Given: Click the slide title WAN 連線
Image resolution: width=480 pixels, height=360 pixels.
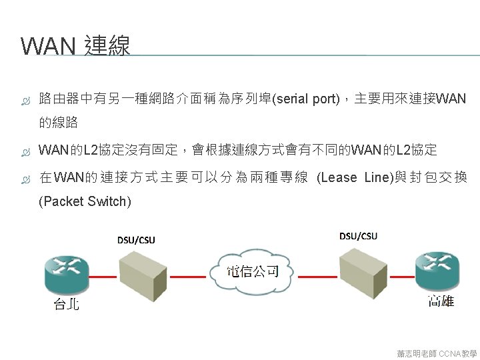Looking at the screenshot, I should (75, 46).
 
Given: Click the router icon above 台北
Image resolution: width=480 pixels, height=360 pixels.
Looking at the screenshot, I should (66, 273).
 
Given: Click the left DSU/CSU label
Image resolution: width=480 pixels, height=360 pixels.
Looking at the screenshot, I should (136, 240).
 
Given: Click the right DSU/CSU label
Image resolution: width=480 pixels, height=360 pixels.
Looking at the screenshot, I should (358, 236).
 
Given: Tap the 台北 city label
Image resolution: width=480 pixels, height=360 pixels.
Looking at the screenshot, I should (66, 305).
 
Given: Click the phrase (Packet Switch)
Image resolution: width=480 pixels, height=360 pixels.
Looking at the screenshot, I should (85, 201).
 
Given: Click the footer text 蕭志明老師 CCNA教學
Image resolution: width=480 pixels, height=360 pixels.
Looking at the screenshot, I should (437, 353).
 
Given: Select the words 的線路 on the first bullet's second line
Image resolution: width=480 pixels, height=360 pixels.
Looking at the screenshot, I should (59, 123).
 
